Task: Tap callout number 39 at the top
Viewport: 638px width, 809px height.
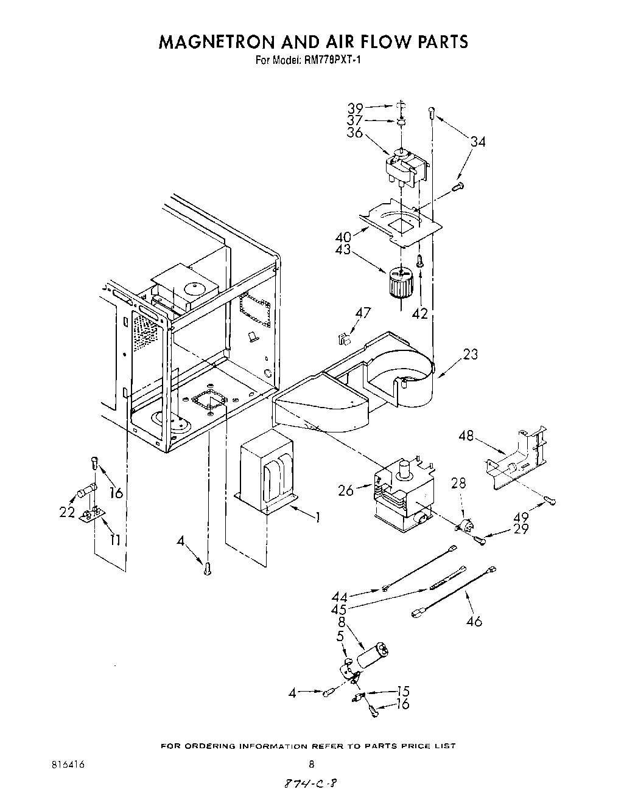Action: coord(355,108)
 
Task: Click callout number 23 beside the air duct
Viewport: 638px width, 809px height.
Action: coord(470,354)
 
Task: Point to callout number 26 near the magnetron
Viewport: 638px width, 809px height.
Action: coord(346,490)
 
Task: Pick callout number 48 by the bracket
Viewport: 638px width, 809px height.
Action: coord(466,437)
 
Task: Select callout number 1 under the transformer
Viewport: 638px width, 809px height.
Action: coord(317,517)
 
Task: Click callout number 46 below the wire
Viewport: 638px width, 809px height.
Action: coord(474,621)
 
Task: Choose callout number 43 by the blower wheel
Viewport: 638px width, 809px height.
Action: coord(342,249)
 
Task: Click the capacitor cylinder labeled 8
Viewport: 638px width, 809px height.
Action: coord(372,656)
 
